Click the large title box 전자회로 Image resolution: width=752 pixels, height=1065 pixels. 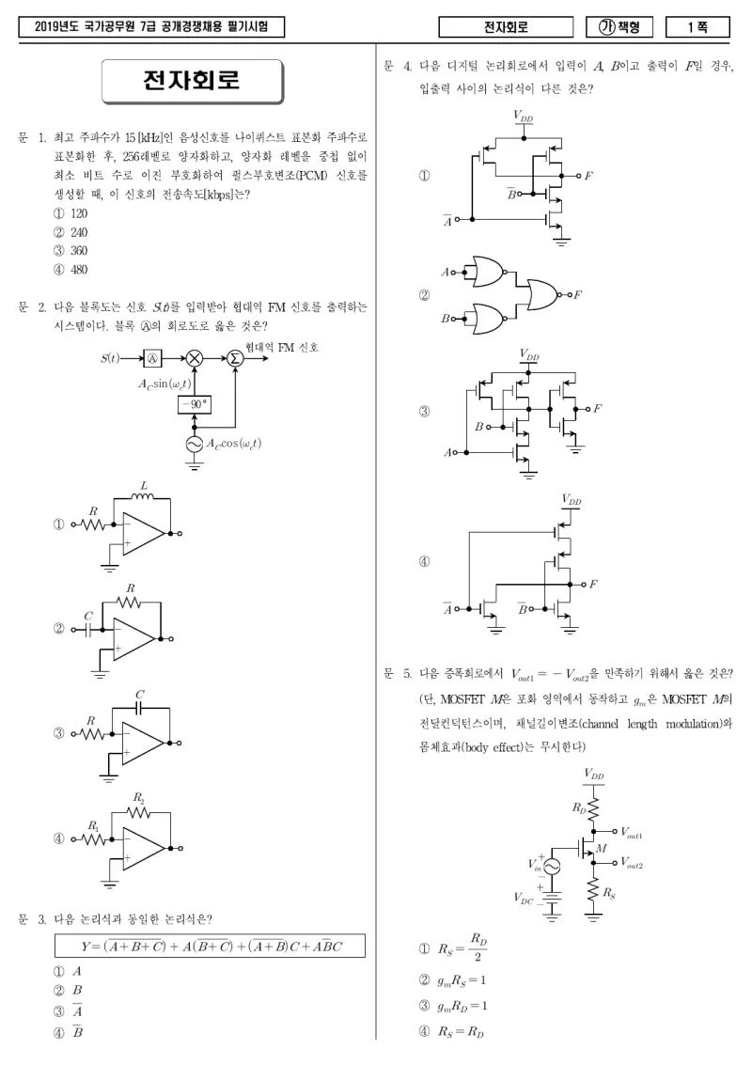point(193,81)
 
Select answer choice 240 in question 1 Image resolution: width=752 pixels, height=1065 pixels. point(70,232)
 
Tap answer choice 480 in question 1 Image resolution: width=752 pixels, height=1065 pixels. point(70,270)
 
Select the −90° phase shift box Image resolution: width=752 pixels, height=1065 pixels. point(195,405)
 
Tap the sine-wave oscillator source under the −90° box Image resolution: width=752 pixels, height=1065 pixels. point(195,444)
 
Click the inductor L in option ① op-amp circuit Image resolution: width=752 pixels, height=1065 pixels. point(143,497)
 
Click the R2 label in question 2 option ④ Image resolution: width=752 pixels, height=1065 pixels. point(138,798)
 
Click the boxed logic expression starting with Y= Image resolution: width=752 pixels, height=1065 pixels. point(210,947)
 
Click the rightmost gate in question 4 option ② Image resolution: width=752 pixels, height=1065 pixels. point(541,294)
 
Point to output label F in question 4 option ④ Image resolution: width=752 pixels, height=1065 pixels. point(593,584)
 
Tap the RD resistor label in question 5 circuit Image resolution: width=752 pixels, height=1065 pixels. point(579,808)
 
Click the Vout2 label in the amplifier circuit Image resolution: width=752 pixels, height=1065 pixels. point(632,863)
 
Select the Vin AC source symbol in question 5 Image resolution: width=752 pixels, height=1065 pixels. point(550,866)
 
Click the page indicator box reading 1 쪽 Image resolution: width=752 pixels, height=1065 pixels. point(697,27)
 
